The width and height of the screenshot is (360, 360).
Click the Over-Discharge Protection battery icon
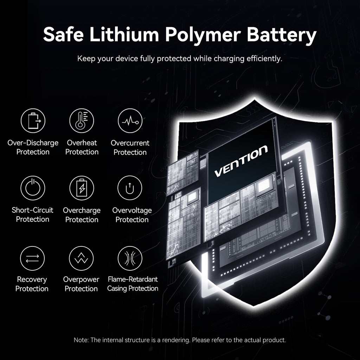(x=33, y=121)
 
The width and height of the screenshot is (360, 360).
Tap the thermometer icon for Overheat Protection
(x=82, y=121)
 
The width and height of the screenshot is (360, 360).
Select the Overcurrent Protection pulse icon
(x=130, y=121)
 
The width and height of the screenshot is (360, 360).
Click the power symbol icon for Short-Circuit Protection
(x=33, y=188)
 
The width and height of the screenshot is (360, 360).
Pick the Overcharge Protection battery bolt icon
(x=82, y=188)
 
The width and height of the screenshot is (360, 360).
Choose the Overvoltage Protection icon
(x=130, y=188)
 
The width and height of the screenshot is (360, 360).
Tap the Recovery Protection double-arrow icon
(x=32, y=258)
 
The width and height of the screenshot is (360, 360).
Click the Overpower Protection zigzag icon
(x=81, y=258)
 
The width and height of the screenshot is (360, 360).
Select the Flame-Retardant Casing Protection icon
(x=130, y=258)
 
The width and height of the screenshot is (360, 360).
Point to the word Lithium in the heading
(x=124, y=35)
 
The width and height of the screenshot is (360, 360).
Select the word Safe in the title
(x=63, y=35)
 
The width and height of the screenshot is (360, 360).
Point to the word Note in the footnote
(x=81, y=340)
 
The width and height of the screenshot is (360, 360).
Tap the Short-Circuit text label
(x=32, y=210)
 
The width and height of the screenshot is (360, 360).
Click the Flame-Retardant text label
(x=133, y=279)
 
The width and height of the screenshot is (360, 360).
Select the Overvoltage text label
(x=132, y=211)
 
